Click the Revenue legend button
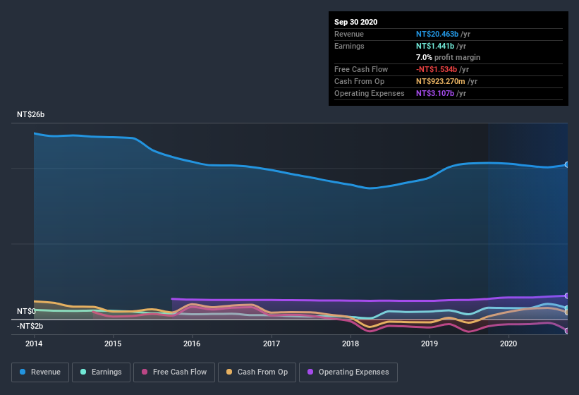tap(40, 372)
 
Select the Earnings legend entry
tap(102, 372)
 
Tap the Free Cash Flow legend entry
tap(174, 372)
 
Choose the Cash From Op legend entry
tap(256, 372)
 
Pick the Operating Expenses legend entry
tap(348, 372)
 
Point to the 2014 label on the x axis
tap(34, 344)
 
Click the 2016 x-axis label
tap(192, 344)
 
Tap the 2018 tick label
tap(351, 344)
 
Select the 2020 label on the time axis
tap(508, 344)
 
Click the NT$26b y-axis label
tap(31, 114)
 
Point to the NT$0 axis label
tap(26, 311)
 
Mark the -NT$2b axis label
tap(31, 326)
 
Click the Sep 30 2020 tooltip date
tap(356, 22)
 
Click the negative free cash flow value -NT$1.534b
tap(438, 69)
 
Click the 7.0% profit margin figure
tap(424, 57)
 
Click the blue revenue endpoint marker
tap(567, 164)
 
